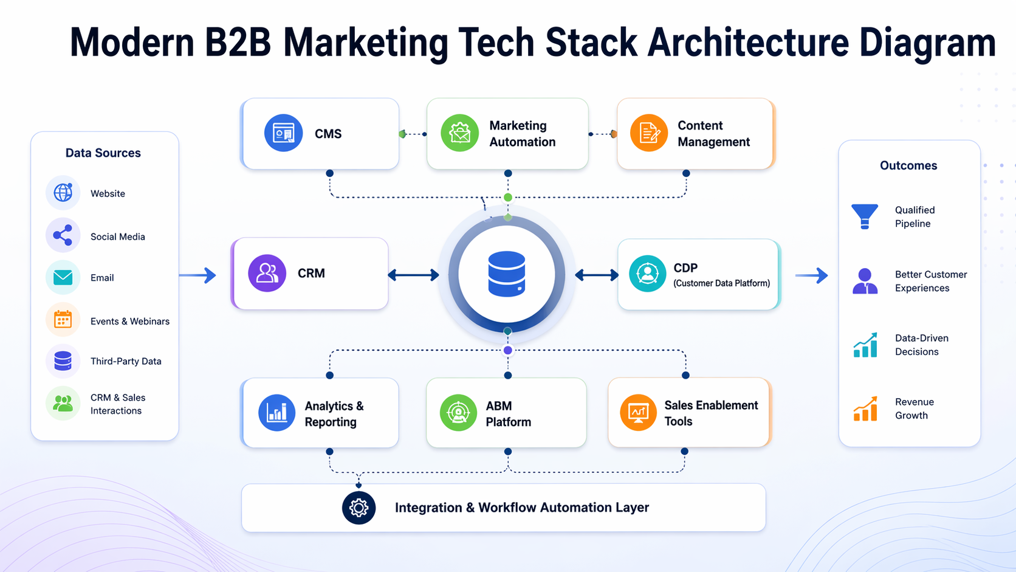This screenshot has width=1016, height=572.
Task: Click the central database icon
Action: tap(507, 274)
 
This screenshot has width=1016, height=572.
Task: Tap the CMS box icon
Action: tap(283, 133)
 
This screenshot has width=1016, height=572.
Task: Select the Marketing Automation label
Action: tap(522, 134)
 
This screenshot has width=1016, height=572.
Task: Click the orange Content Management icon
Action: tap(649, 133)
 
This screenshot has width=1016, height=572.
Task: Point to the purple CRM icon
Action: tap(267, 273)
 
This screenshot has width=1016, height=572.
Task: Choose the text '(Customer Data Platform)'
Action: tap(721, 283)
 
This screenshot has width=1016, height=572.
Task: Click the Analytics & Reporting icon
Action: tap(277, 413)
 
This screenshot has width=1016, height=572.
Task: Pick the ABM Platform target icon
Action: tap(458, 413)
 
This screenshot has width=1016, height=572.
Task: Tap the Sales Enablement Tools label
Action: tap(710, 413)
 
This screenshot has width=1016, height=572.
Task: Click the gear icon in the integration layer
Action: tap(359, 508)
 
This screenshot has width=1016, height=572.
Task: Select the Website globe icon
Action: tap(63, 193)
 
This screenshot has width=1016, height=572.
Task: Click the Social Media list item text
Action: tap(117, 236)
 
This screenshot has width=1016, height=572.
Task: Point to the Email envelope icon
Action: tap(63, 277)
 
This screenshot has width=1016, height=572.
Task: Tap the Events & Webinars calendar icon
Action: tap(63, 320)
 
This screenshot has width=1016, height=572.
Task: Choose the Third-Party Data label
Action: tap(126, 361)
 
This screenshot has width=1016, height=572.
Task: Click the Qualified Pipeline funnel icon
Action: tap(865, 216)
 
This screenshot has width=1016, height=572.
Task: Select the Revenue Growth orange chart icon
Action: tap(865, 408)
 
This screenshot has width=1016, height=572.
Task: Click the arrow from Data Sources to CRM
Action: tap(198, 275)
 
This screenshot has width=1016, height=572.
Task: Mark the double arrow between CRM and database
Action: tap(413, 275)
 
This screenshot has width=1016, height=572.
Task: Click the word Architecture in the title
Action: tap(748, 43)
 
